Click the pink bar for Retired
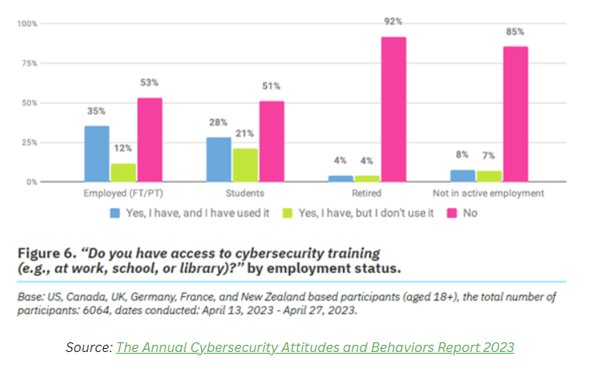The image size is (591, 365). [394, 109]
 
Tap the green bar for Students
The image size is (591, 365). [246, 165]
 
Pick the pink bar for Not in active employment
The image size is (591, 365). [515, 114]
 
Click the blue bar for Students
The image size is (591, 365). [219, 159]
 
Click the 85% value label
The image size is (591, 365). [516, 32]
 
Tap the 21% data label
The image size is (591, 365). [246, 134]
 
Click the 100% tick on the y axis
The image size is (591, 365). [28, 23]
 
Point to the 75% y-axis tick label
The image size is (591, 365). [29, 63]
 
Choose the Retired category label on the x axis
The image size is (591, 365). [367, 193]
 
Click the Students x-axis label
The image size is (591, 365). [245, 193]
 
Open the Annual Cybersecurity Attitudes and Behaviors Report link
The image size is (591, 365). [315, 347]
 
